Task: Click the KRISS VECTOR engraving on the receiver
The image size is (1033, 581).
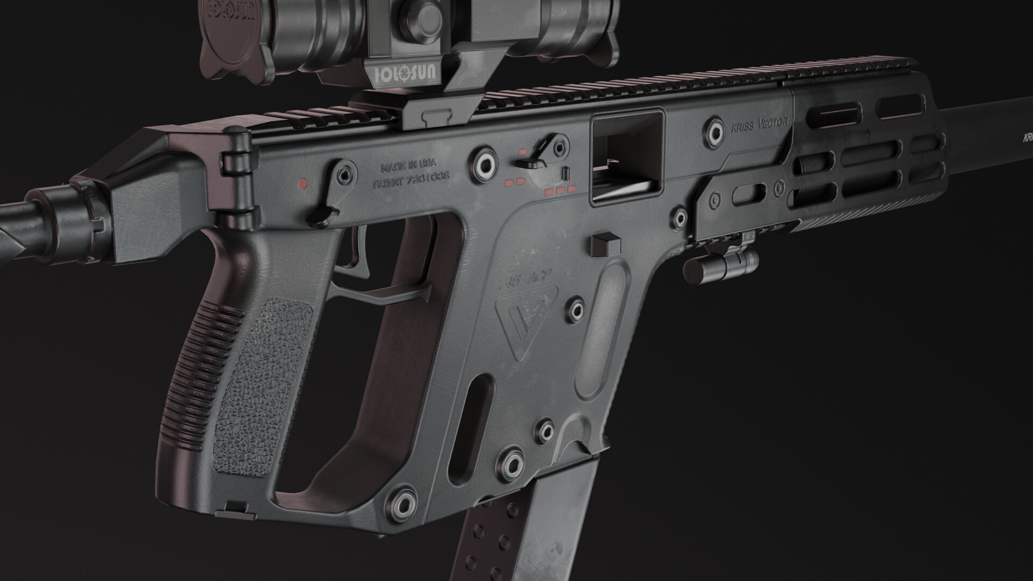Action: (x=759, y=123)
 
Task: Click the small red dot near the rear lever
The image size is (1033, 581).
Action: (x=302, y=183)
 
